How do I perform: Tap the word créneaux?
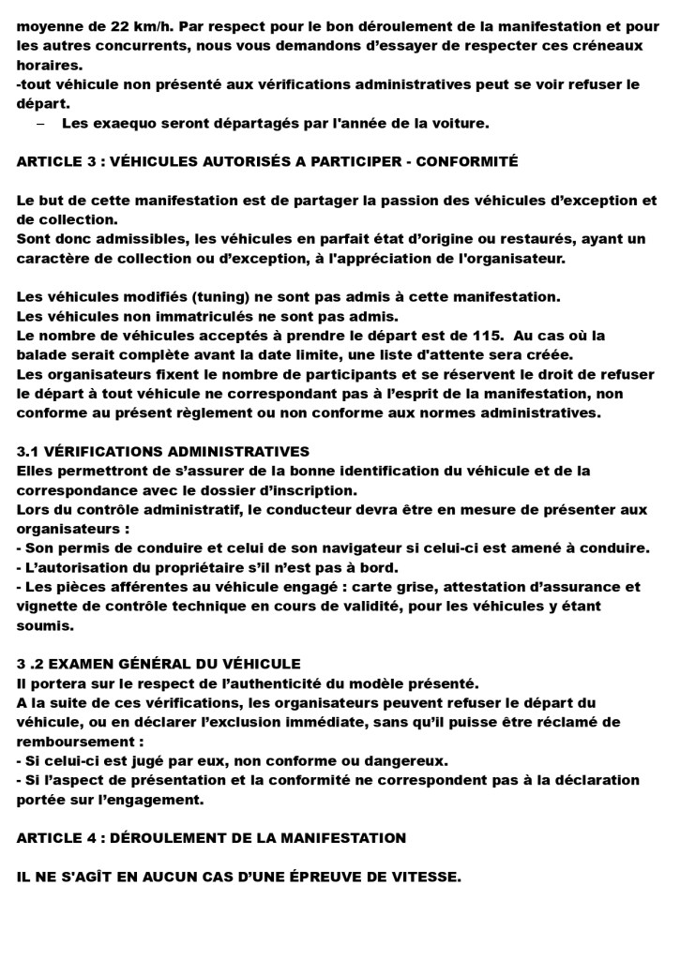(610, 45)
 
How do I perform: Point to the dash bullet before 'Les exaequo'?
(40, 123)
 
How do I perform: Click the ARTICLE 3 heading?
(267, 161)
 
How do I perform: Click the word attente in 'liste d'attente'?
(440, 354)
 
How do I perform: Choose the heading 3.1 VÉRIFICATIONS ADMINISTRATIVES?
(163, 451)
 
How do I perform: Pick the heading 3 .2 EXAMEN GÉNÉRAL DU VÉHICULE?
(159, 663)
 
